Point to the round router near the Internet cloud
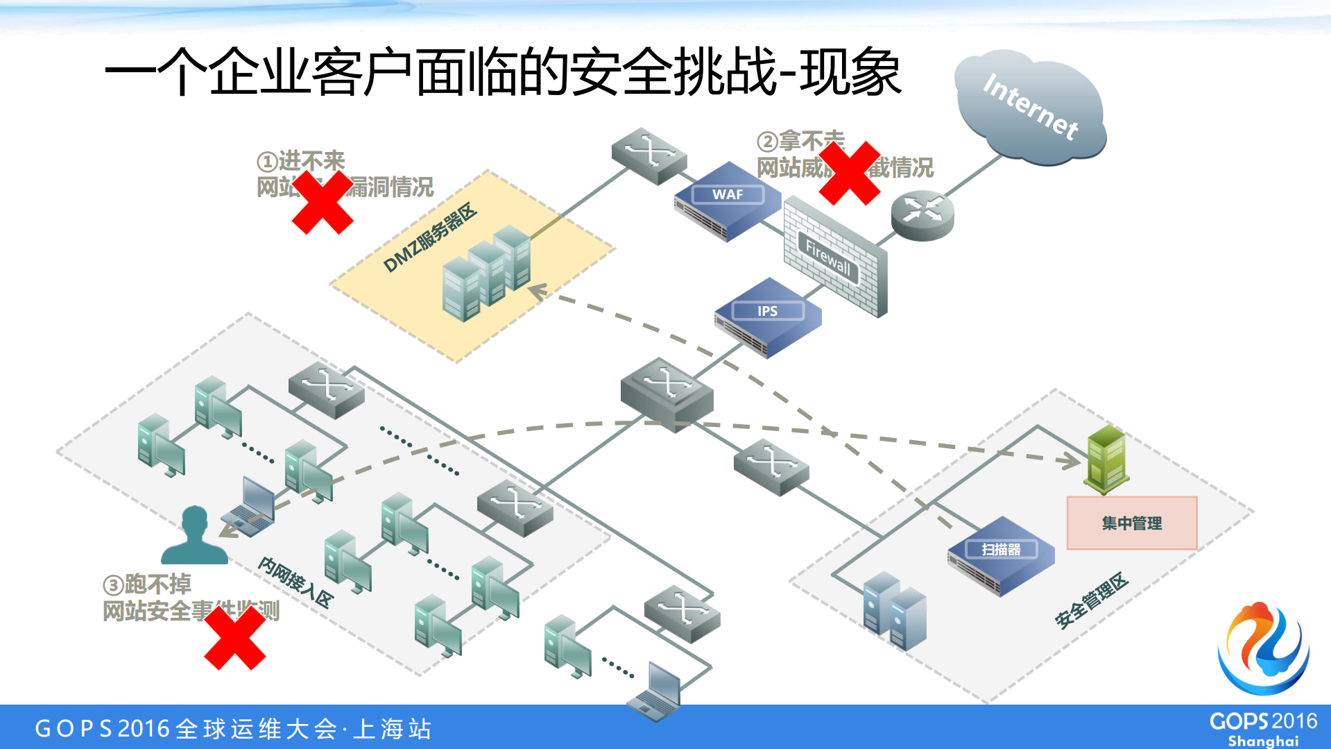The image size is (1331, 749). click(x=922, y=215)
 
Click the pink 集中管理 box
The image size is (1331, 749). click(x=1131, y=523)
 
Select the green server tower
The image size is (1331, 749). click(x=1106, y=459)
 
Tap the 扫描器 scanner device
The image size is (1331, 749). click(x=1001, y=555)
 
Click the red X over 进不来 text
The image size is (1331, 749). click(x=322, y=202)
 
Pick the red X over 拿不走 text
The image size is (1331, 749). click(x=849, y=174)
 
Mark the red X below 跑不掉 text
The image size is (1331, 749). click(x=234, y=637)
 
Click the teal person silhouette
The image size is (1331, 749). click(x=194, y=536)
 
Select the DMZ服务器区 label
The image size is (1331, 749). click(x=429, y=238)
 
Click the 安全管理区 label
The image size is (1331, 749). click(x=1091, y=601)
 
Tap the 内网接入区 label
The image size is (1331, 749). click(x=295, y=582)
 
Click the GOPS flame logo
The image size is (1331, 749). click(x=1263, y=648)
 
